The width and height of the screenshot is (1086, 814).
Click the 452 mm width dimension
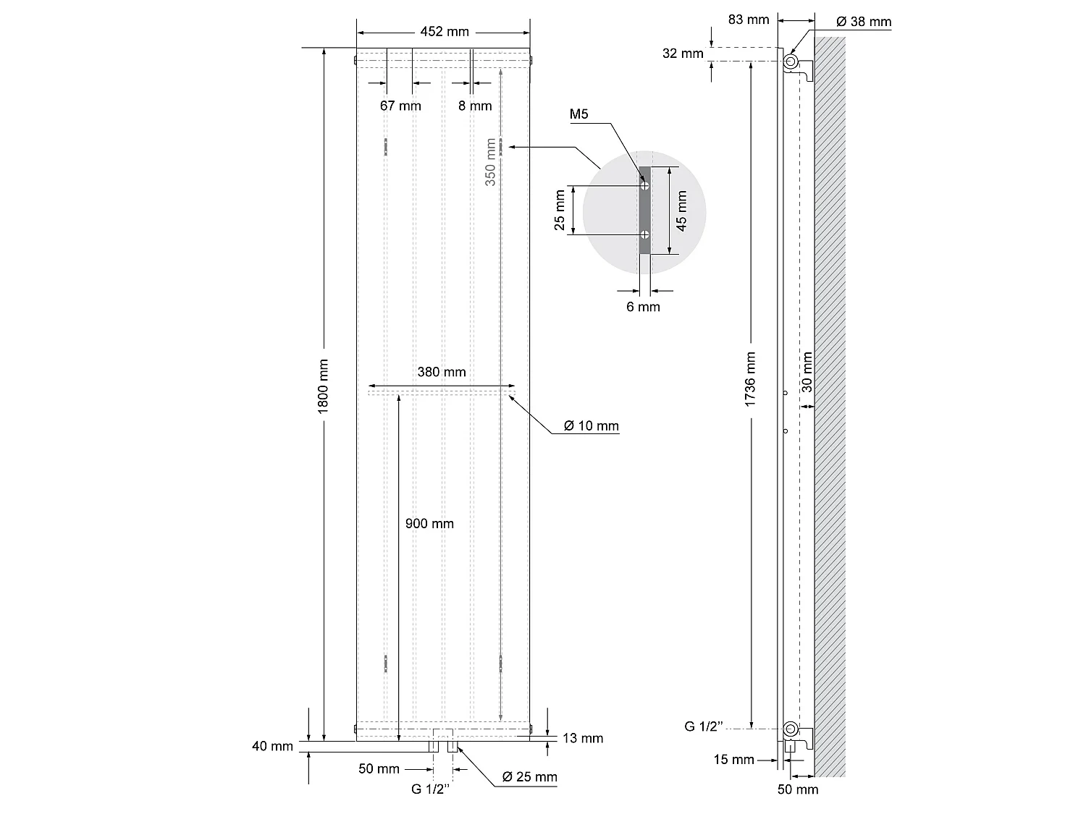(444, 31)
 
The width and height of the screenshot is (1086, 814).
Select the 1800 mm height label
(324, 386)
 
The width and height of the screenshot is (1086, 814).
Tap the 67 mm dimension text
(400, 106)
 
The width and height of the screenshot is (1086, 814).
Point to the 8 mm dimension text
(475, 106)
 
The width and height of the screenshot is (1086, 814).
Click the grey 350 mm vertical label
(490, 163)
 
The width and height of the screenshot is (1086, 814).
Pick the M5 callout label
(579, 114)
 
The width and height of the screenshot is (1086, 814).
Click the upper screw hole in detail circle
(644, 186)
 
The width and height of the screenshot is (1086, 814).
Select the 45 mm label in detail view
(681, 211)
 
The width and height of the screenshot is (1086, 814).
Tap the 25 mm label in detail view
(560, 211)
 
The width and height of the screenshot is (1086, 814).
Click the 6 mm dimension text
(643, 307)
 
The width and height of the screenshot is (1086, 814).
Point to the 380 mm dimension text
(442, 372)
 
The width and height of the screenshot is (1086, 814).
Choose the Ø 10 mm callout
(592, 425)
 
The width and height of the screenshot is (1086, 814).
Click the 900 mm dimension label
(429, 523)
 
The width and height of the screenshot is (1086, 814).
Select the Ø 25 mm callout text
(530, 777)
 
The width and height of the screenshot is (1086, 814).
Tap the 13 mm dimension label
(583, 738)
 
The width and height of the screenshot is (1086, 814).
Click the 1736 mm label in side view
(750, 379)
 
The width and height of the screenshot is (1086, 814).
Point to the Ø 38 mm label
(864, 22)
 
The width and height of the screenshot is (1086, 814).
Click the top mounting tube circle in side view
(791, 59)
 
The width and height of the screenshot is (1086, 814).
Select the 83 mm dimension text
(749, 20)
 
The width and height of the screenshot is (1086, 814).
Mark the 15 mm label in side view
(733, 759)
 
